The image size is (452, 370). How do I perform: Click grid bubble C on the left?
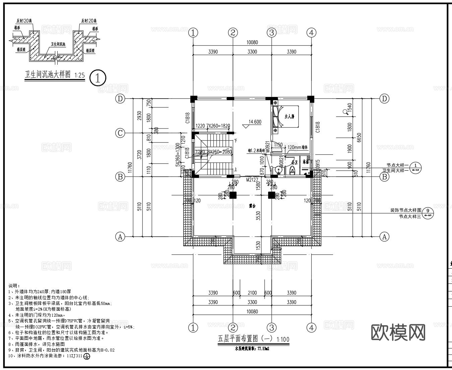point(120,133)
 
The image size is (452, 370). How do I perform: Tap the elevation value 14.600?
point(255,122)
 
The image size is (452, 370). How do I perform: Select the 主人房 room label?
point(289,117)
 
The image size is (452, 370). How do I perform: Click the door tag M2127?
point(252,180)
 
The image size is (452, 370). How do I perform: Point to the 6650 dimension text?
point(359,138)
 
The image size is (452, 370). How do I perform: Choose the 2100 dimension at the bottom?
point(252,293)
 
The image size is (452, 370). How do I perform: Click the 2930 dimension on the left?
point(139,116)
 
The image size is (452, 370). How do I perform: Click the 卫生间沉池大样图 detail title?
point(48,74)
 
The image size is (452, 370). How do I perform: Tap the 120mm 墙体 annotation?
point(298,147)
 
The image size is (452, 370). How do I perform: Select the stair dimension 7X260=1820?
point(218,126)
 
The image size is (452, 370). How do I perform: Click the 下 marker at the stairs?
point(235,141)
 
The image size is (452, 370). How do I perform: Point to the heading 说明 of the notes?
point(14,286)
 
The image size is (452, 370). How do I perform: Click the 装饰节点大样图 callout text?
point(405,210)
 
